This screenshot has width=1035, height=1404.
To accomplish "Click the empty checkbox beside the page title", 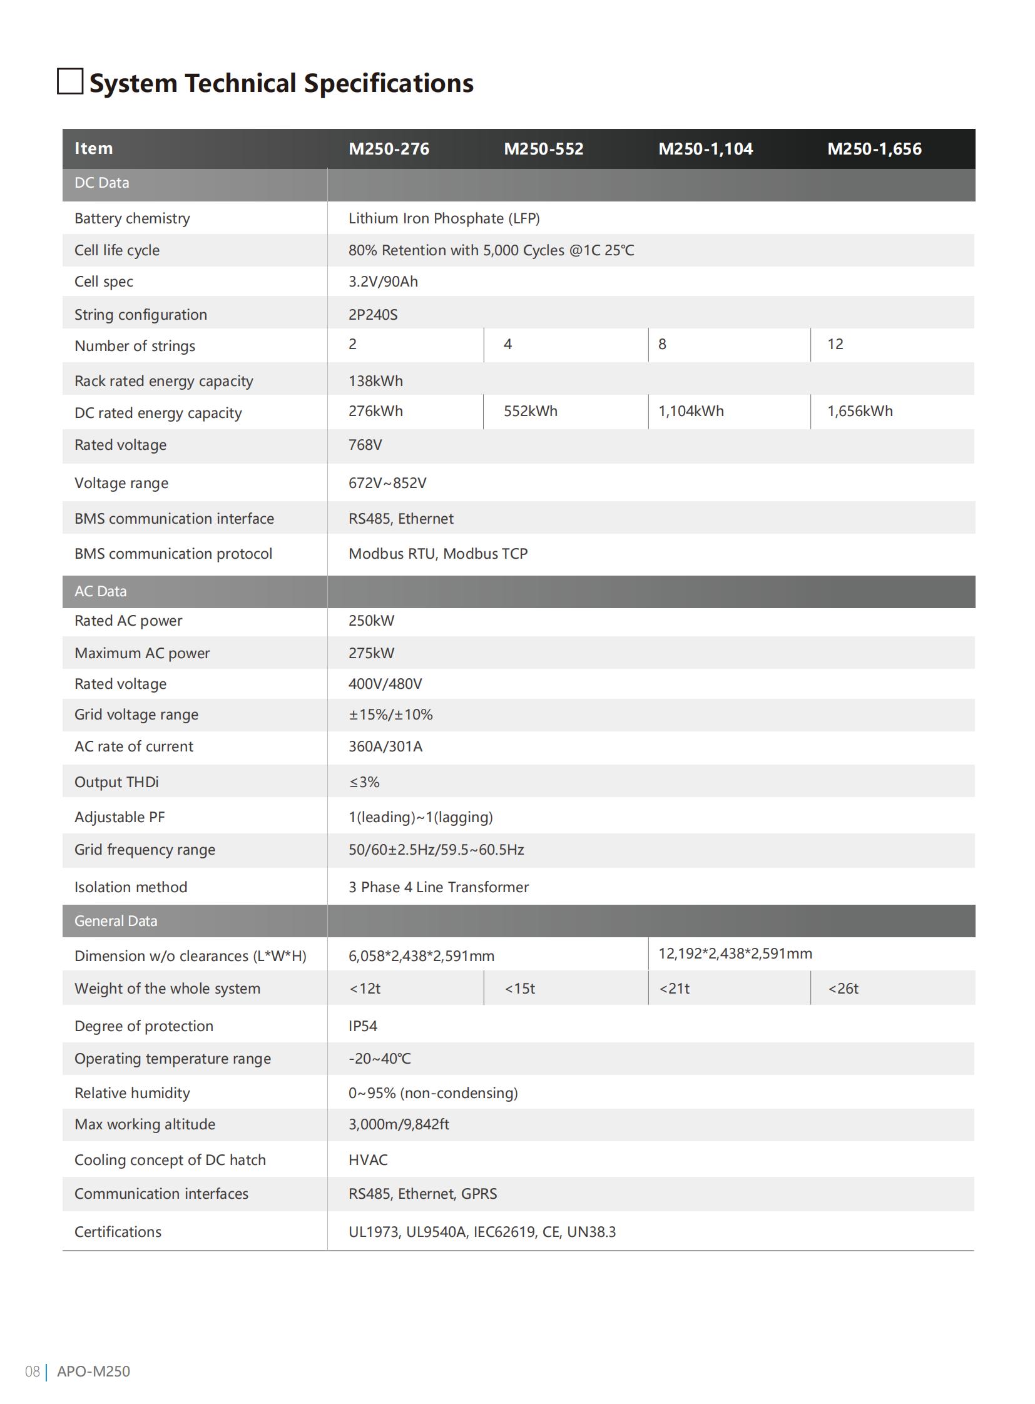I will [x=70, y=81].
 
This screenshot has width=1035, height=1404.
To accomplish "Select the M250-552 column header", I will [x=543, y=149].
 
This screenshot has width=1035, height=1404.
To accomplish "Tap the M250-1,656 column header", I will [x=874, y=149].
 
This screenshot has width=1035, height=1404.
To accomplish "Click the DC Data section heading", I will [x=101, y=183].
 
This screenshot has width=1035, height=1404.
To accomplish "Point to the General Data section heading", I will [x=116, y=921].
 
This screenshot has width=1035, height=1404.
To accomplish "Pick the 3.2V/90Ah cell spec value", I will [x=383, y=282].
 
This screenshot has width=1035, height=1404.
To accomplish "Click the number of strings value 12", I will [x=835, y=345].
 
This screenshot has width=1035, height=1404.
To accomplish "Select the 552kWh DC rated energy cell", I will [x=530, y=412].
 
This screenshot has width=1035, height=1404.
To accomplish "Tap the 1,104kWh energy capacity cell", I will [x=690, y=412].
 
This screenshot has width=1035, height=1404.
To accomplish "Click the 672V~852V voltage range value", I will [x=387, y=483].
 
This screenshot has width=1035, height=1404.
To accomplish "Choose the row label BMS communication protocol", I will [x=173, y=554].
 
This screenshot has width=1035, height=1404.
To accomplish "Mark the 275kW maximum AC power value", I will [x=371, y=653].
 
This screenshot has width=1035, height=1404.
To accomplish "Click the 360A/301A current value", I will [x=385, y=747].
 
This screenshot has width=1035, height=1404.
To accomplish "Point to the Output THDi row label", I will [x=116, y=783].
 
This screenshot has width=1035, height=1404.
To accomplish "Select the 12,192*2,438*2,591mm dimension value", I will [x=735, y=954].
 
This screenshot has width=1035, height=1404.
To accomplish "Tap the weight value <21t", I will [x=674, y=989].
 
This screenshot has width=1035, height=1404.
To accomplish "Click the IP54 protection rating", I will [x=363, y=1026].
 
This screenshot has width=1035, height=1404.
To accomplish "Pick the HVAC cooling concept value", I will [x=368, y=1160].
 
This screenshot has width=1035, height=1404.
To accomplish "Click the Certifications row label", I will [x=118, y=1233].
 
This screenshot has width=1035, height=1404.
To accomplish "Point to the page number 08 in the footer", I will [x=32, y=1371].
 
